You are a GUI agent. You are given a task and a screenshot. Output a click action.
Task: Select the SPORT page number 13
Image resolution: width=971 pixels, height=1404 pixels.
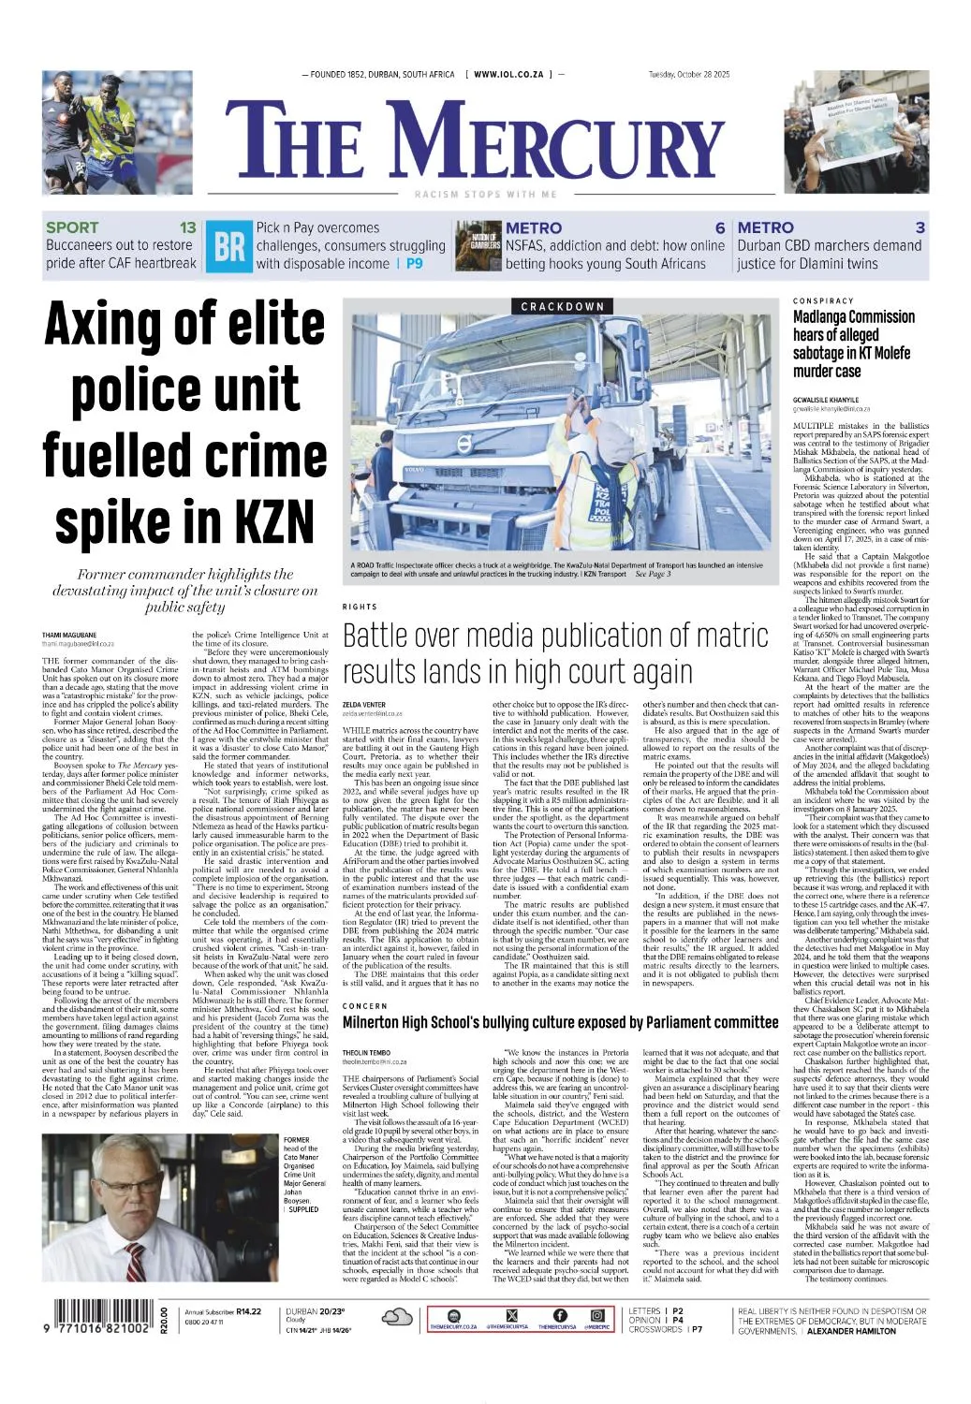(x=188, y=227)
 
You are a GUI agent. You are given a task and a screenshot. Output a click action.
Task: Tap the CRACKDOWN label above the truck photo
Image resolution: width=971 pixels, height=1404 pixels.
(x=562, y=306)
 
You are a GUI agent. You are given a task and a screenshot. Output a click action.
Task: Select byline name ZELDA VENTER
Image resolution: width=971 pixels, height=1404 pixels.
(x=364, y=704)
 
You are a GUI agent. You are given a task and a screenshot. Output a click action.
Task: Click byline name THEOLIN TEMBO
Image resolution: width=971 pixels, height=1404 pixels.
(x=367, y=1053)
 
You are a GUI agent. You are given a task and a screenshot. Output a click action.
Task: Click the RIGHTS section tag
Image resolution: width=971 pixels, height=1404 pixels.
(x=359, y=607)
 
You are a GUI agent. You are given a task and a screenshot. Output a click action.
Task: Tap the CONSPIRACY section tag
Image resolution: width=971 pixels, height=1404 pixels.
(x=823, y=300)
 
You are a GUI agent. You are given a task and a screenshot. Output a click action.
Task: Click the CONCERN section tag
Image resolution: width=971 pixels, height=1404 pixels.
(x=364, y=1005)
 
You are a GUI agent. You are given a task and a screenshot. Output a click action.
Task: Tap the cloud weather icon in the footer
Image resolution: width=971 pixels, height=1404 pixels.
(x=397, y=1318)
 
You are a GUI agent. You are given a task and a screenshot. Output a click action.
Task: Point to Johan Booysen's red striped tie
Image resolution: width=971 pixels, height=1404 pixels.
(x=137, y=1257)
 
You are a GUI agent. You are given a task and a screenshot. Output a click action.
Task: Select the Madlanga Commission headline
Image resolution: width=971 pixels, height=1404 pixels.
(x=853, y=344)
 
